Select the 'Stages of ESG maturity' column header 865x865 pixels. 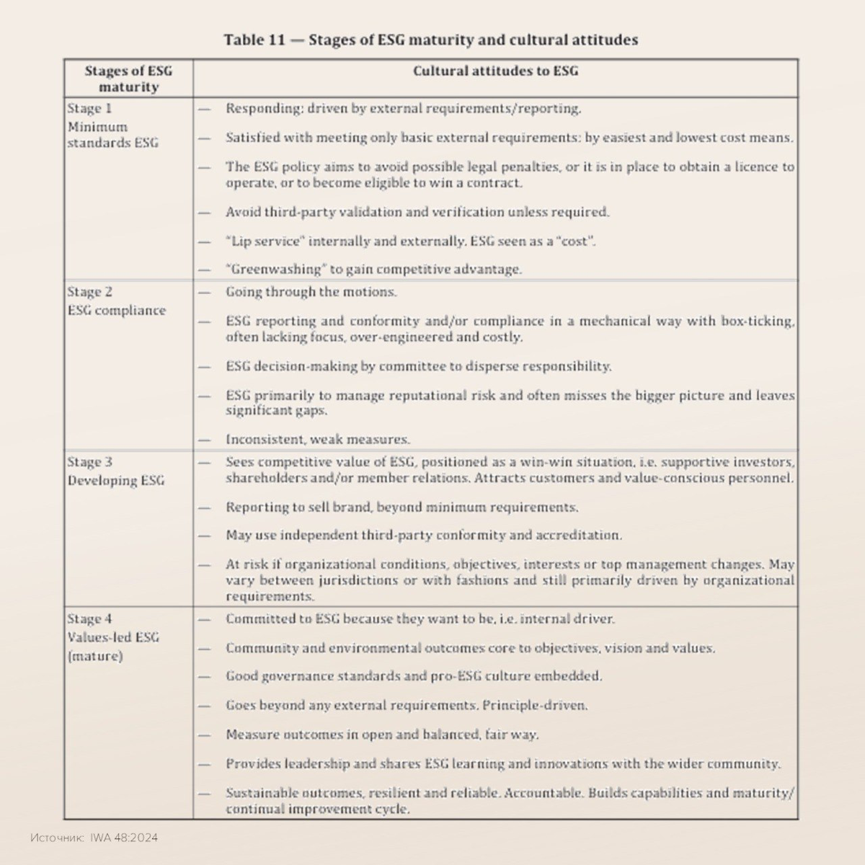pyautogui.click(x=128, y=79)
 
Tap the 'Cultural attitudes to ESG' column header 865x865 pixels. pyautogui.click(x=495, y=71)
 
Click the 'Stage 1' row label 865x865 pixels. pyautogui.click(x=89, y=109)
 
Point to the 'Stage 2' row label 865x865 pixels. pyautogui.click(x=89, y=292)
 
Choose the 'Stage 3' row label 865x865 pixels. pyautogui.click(x=89, y=462)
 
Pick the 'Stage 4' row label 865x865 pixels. pyautogui.click(x=89, y=618)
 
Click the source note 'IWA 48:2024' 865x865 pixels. pyautogui.click(x=124, y=838)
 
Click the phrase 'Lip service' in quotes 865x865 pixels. pyautogui.click(x=263, y=241)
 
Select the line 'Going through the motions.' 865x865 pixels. pyautogui.click(x=311, y=292)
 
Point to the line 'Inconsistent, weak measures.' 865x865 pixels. pyautogui.click(x=318, y=439)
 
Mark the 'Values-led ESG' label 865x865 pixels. pyautogui.click(x=113, y=637)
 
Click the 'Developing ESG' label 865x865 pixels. pyautogui.click(x=115, y=481)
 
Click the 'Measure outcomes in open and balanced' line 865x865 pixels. pyautogui.click(x=382, y=735)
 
